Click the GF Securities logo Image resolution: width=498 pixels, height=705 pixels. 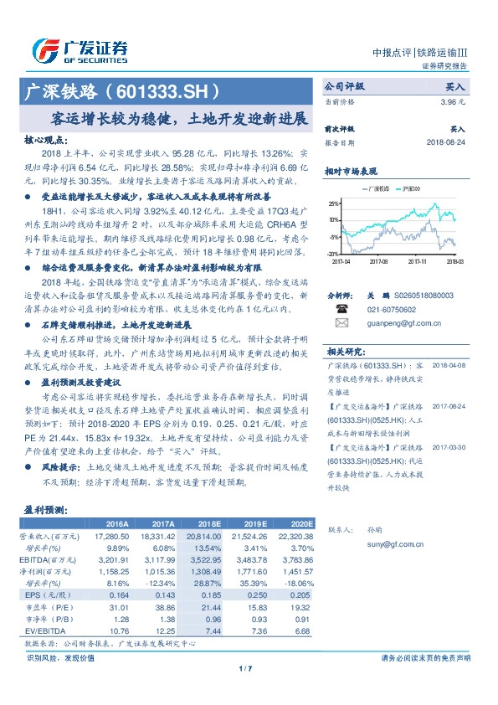[80, 49]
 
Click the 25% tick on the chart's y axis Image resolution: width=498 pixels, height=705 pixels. [334, 203]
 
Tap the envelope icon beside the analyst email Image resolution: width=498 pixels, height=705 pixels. [341, 322]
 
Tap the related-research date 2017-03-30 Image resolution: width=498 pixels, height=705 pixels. [452, 448]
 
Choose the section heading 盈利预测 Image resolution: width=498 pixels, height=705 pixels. [44, 509]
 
